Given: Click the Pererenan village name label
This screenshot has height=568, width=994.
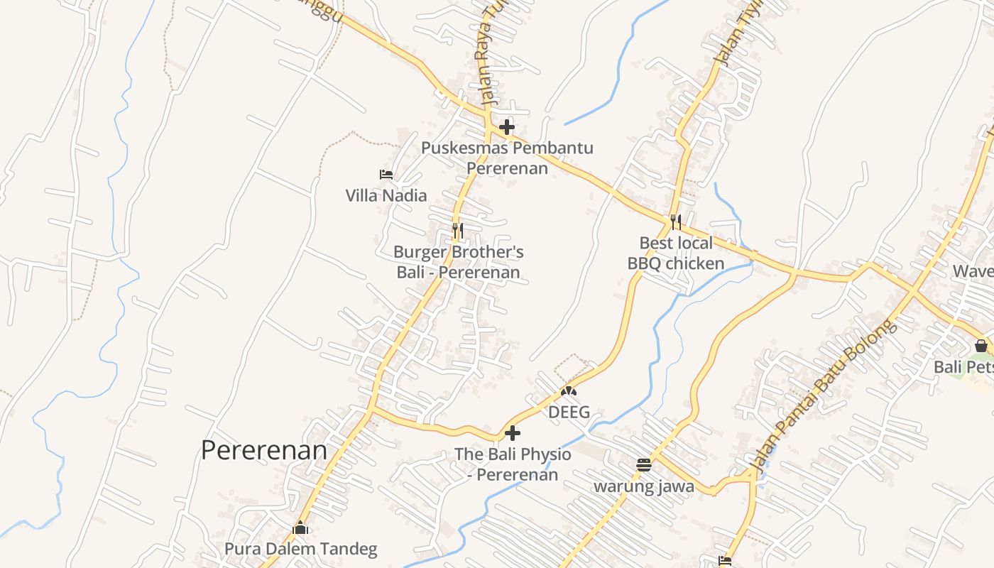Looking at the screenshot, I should pyautogui.click(x=264, y=450).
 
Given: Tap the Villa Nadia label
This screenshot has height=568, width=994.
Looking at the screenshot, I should pyautogui.click(x=386, y=195).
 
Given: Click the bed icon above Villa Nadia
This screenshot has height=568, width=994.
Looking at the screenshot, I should pyautogui.click(x=386, y=174).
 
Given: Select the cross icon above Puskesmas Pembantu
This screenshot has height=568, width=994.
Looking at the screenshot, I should pyautogui.click(x=507, y=128).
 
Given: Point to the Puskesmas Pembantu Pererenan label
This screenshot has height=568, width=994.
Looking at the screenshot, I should pyautogui.click(x=507, y=158).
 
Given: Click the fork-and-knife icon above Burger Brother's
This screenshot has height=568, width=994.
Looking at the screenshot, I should pyautogui.click(x=458, y=230).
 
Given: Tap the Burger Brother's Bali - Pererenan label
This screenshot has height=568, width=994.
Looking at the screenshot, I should pyautogui.click(x=458, y=262).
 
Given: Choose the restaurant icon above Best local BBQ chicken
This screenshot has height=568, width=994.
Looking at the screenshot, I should pyautogui.click(x=675, y=222).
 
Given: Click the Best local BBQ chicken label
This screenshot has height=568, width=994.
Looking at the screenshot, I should pyautogui.click(x=675, y=253).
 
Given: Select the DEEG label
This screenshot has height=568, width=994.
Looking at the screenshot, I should pyautogui.click(x=569, y=412).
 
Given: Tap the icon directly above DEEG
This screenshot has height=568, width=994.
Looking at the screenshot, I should pyautogui.click(x=569, y=391).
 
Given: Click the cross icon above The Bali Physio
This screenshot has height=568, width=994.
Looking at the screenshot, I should pyautogui.click(x=512, y=433).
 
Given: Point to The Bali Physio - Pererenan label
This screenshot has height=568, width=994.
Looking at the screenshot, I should pyautogui.click(x=512, y=464).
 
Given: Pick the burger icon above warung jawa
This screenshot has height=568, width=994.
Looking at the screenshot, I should pyautogui.click(x=644, y=465).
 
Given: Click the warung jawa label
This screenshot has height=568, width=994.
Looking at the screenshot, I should pyautogui.click(x=644, y=486).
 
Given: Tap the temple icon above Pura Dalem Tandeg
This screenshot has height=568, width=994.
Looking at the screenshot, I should pyautogui.click(x=300, y=528).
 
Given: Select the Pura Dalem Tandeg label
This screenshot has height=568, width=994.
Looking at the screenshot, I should pyautogui.click(x=300, y=549).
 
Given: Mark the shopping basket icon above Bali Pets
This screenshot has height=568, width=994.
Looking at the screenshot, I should pyautogui.click(x=981, y=346).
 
